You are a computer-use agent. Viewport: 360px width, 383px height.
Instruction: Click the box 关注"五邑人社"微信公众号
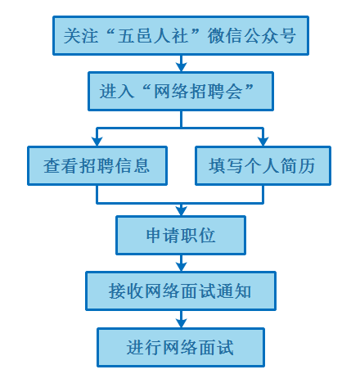click(181, 36)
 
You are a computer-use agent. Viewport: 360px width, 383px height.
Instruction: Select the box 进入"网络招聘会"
click(181, 91)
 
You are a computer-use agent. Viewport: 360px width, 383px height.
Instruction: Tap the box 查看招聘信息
click(97, 165)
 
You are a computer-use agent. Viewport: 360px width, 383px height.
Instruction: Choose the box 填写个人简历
click(263, 165)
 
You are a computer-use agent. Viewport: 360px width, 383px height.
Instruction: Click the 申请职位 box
click(181, 236)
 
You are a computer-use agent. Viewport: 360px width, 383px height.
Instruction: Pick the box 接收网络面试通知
click(181, 291)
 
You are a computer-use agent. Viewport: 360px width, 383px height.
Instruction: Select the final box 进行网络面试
click(181, 347)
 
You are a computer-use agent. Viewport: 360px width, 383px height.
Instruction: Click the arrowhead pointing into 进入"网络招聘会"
click(181, 67)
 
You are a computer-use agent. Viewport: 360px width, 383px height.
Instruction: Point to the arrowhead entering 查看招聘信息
click(97, 142)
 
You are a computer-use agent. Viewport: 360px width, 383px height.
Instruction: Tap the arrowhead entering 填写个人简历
click(263, 142)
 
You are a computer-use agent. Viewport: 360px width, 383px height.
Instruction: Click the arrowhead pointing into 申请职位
click(181, 211)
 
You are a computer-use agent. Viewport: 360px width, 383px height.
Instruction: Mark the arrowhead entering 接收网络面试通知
click(181, 267)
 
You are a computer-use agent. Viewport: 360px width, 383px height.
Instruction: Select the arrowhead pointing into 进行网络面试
click(181, 323)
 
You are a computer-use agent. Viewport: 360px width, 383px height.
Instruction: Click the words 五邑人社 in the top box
click(153, 36)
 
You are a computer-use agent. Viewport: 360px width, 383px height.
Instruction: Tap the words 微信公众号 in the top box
click(251, 36)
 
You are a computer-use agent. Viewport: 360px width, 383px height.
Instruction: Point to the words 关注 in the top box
click(81, 36)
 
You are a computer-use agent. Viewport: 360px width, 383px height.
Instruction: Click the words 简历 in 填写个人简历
click(298, 165)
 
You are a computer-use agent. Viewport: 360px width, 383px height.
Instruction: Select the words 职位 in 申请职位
click(198, 236)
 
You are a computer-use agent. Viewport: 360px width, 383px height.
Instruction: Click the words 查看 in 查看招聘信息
click(61, 165)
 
